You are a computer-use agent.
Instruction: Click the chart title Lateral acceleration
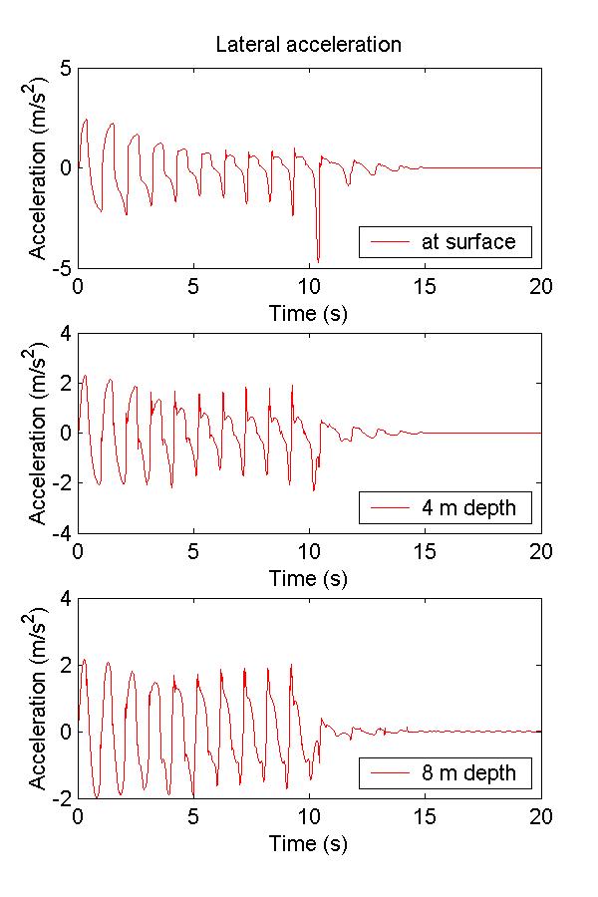coord(309,45)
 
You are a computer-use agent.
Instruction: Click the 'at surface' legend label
coord(468,242)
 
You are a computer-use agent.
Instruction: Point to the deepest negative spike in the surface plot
coord(318,260)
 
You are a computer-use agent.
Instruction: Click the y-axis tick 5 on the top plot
coord(64,69)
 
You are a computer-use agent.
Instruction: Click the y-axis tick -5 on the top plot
coord(60,268)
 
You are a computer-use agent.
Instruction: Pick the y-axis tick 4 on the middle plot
coord(64,333)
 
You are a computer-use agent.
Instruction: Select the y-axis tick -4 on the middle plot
coord(60,533)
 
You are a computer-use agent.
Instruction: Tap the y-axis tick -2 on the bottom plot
coord(60,799)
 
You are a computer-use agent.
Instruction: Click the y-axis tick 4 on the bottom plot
coord(64,599)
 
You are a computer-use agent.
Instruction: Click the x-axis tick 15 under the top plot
coord(426,287)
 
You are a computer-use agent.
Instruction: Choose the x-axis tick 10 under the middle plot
coord(310,552)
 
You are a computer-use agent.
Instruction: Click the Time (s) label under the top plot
coord(309,313)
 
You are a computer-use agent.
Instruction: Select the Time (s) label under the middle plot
coord(309,578)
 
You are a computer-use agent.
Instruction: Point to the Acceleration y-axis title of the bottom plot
coord(38,699)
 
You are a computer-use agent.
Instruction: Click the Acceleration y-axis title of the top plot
coord(38,168)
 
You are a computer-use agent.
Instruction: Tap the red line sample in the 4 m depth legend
coord(392,508)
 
